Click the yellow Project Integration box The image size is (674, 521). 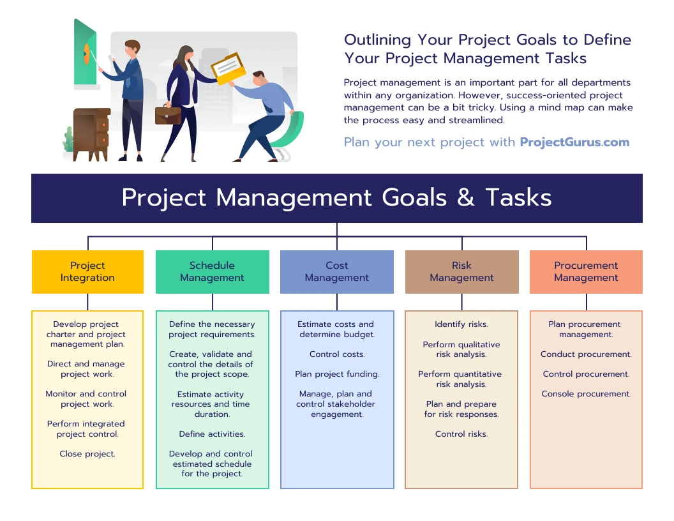87,272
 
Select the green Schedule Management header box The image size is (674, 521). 212,272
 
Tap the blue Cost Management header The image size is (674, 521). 337,272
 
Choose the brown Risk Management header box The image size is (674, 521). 461,272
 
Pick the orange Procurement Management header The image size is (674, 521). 586,272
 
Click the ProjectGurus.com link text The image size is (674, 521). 574,142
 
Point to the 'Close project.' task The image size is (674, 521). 87,454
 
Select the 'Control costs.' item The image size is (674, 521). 337,354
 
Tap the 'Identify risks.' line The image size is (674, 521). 461,324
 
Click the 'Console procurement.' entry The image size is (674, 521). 586,394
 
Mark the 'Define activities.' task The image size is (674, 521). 212,434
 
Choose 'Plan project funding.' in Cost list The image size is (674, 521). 337,374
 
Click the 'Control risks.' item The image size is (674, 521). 461,434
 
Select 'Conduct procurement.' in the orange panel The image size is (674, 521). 586,354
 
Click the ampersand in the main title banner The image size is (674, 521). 466,198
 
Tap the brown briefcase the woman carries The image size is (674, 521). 168,116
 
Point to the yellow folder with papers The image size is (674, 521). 228,68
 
